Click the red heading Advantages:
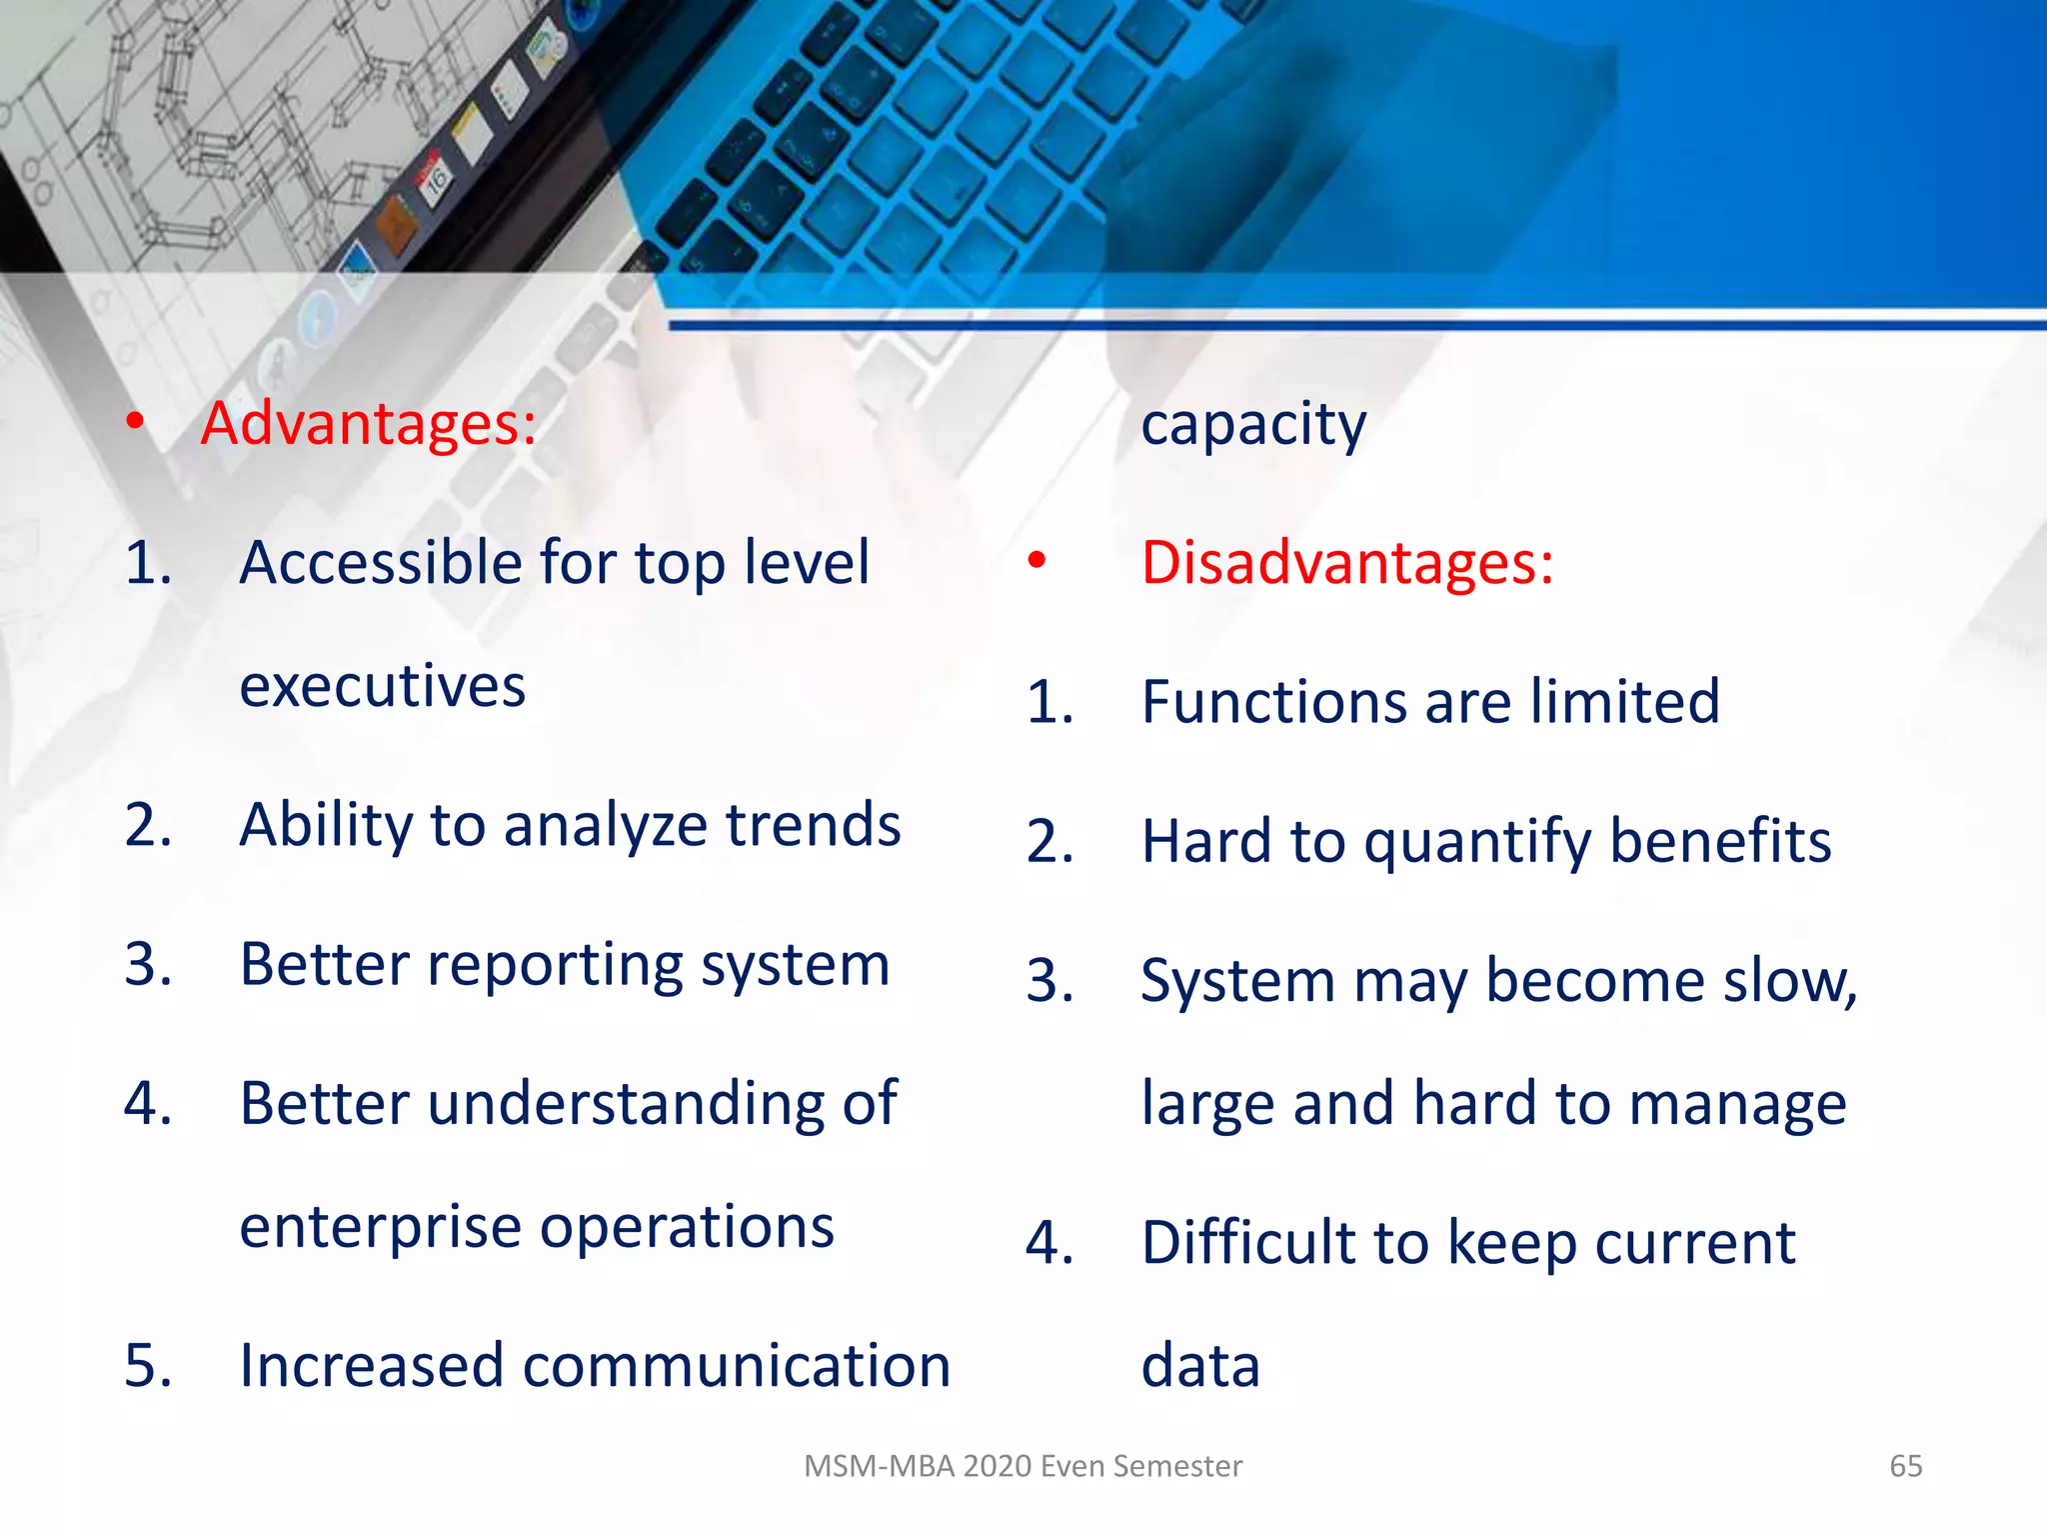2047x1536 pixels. pos(368,424)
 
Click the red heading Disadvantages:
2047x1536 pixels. pos(1346,563)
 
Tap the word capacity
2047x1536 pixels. pos(1253,426)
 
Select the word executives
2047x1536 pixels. pos(383,687)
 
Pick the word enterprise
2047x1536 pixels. pos(381,1229)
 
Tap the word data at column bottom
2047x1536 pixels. pos(1200,1366)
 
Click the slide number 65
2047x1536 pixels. pos(1905,1466)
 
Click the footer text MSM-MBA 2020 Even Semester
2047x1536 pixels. pos(1023,1466)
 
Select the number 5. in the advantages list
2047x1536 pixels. pos(148,1366)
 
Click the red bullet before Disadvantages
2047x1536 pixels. pos(1036,561)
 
